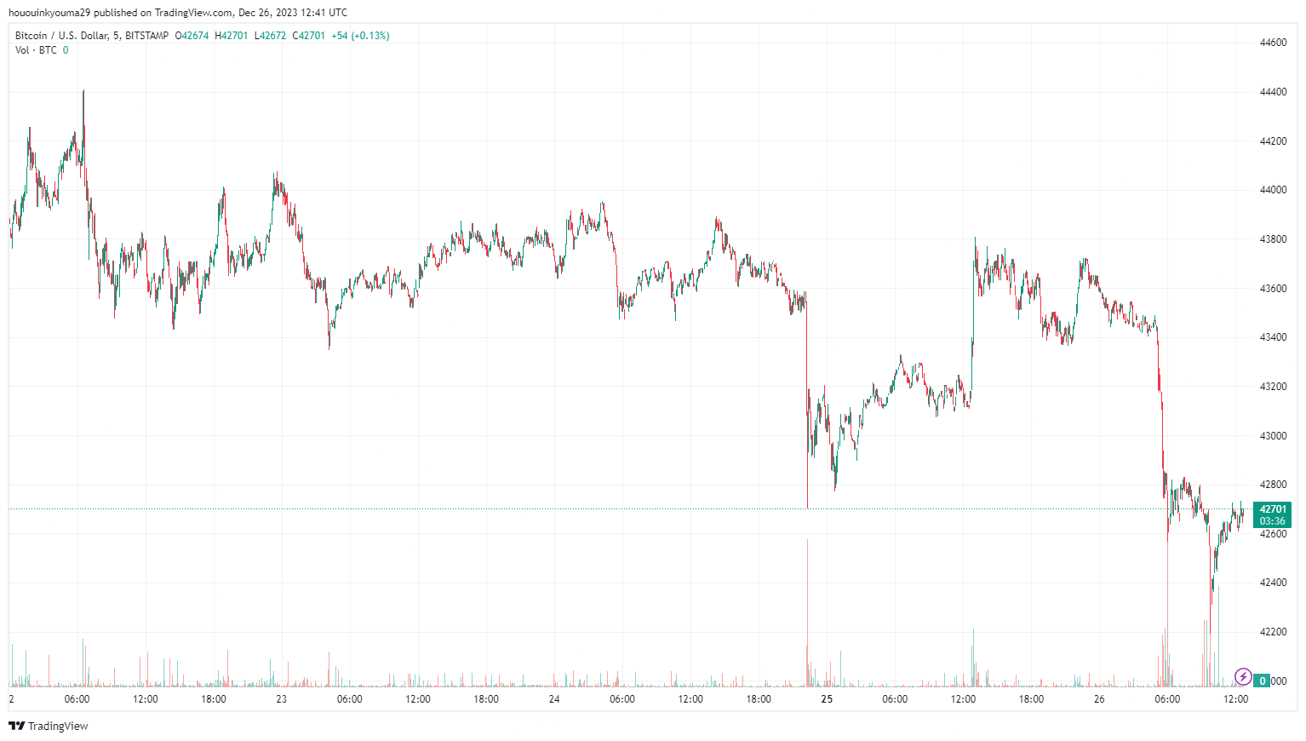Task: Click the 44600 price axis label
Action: click(x=1273, y=43)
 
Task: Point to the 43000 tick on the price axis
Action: click(x=1273, y=436)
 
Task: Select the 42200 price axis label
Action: click(x=1273, y=632)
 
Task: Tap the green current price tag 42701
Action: click(x=1273, y=509)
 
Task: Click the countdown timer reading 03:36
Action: click(x=1273, y=521)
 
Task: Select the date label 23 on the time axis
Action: click(x=281, y=699)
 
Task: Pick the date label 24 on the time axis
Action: click(x=554, y=699)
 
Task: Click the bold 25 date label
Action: click(x=827, y=699)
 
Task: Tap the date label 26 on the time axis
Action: click(x=1099, y=699)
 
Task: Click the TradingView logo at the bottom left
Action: click(x=49, y=726)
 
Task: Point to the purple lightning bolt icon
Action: click(x=1243, y=677)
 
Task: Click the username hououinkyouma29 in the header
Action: click(x=49, y=13)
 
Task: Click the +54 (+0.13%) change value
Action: click(x=360, y=36)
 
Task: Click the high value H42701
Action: click(x=232, y=36)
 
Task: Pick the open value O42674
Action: click(x=192, y=36)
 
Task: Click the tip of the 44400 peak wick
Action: click(x=83, y=89)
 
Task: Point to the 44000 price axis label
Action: click(x=1273, y=190)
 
